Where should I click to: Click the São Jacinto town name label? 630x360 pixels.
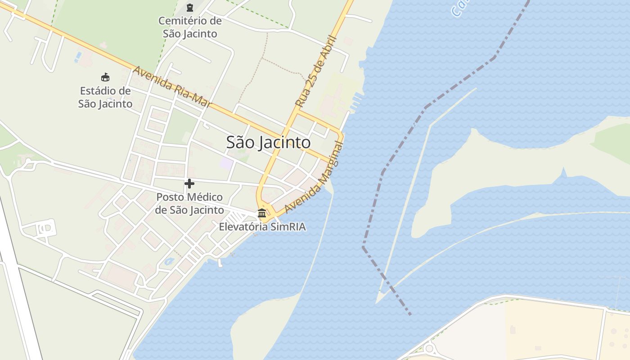268,143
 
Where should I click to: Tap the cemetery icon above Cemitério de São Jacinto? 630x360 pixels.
189,8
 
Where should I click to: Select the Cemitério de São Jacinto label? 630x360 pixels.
190,27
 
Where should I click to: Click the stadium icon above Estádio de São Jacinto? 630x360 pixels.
105,77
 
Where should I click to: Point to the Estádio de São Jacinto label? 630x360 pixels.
105,97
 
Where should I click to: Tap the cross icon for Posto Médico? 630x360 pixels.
189,183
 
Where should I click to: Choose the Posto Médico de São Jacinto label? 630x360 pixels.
189,203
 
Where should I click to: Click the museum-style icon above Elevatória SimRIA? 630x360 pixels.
262,213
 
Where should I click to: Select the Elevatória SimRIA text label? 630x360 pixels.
262,226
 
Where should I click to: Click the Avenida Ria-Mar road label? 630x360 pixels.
172,87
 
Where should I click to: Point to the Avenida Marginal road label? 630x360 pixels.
314,179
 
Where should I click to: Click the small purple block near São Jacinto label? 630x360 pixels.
226,163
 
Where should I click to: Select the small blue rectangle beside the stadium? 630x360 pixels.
79,57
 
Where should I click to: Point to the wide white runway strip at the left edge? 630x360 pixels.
18,279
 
